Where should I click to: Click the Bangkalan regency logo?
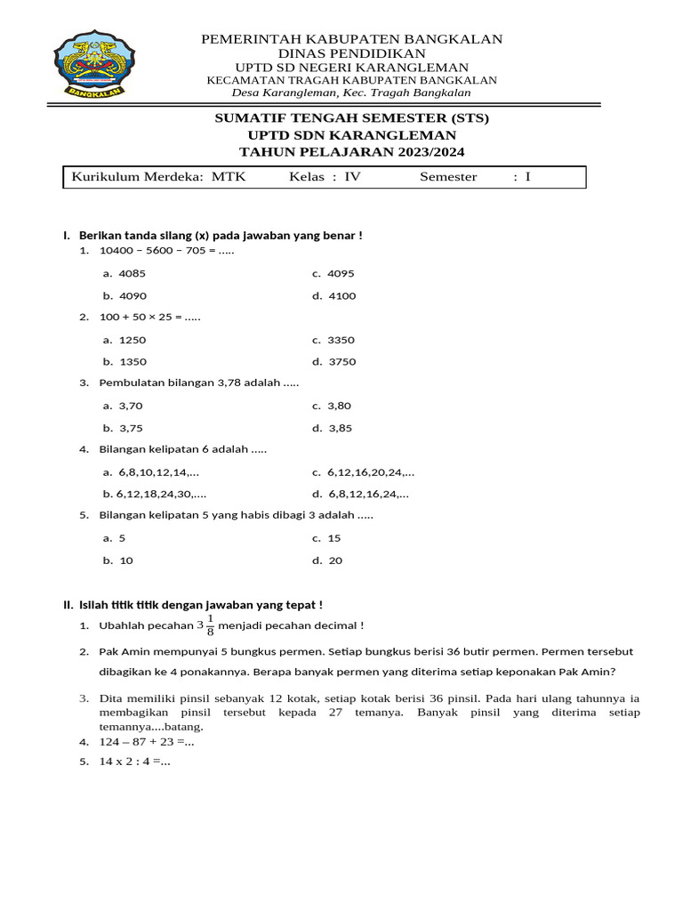click(88, 63)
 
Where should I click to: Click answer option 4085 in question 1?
click(132, 273)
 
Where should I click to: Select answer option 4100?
click(341, 295)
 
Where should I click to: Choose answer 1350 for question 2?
click(132, 361)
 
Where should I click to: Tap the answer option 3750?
click(341, 361)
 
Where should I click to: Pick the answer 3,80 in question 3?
click(340, 406)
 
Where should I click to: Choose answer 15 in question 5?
click(334, 538)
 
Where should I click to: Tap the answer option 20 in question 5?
click(335, 560)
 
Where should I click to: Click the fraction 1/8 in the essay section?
click(210, 625)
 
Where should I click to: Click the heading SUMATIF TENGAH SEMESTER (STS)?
click(352, 117)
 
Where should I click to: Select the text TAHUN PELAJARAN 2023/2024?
click(352, 151)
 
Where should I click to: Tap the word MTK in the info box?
click(229, 177)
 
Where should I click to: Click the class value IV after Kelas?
click(352, 177)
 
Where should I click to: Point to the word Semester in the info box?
click(448, 177)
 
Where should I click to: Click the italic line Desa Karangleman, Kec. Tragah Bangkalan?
click(351, 93)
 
